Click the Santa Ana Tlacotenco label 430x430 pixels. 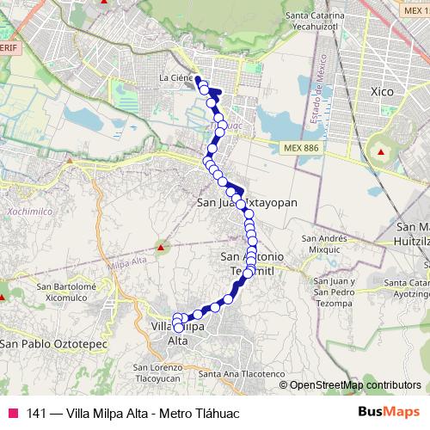coord(241,374)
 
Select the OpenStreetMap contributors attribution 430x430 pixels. coord(355,385)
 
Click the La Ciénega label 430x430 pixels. coord(176,78)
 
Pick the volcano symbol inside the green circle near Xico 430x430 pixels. coord(378,151)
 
